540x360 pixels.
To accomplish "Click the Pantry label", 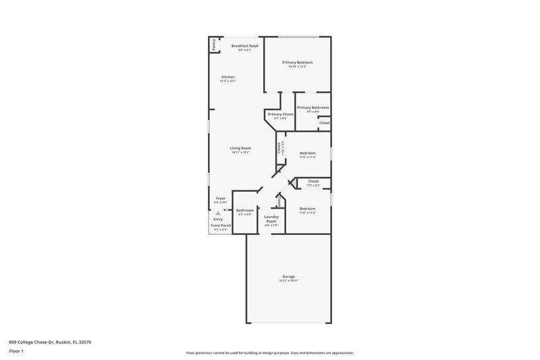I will click(x=214, y=45).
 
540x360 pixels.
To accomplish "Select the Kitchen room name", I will click(x=228, y=77).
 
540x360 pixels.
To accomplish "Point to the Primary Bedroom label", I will click(x=297, y=62).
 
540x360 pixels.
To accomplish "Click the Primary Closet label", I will click(x=279, y=114).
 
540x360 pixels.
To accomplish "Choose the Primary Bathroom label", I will click(x=313, y=107).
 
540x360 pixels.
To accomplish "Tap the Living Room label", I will click(x=240, y=148).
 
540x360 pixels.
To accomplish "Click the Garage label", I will click(x=288, y=276).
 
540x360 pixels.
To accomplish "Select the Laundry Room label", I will click(x=271, y=219).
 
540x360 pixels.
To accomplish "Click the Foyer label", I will click(x=221, y=198).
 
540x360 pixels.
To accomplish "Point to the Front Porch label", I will click(x=221, y=226).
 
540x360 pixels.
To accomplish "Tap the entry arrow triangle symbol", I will click(x=217, y=212).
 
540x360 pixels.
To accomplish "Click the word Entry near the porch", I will click(x=218, y=219).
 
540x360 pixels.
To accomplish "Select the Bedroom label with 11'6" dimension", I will click(x=307, y=153).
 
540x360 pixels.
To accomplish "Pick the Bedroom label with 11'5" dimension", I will click(x=307, y=208).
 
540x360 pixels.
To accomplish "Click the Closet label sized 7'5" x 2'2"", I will click(x=313, y=181).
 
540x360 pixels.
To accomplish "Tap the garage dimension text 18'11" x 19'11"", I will click(x=288, y=280).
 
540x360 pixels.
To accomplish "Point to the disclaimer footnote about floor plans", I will click(x=269, y=353).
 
